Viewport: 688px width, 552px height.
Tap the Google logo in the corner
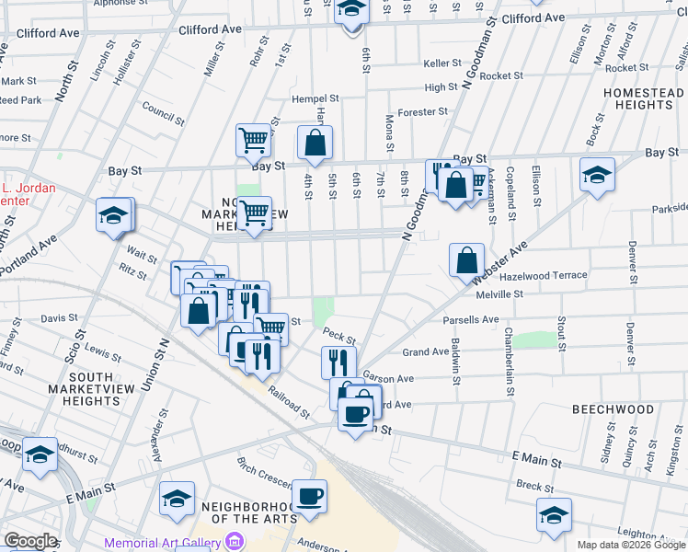point(30,542)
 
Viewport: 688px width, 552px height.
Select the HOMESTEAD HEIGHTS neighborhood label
point(644,98)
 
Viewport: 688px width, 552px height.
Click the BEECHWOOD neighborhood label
point(613,408)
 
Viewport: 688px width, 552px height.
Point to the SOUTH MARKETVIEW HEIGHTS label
point(91,389)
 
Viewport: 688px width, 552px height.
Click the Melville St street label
point(499,293)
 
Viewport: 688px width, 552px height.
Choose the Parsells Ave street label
point(470,320)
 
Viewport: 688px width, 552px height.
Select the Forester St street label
point(422,111)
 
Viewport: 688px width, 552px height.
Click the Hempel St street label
point(316,98)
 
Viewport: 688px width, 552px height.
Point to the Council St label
point(163,112)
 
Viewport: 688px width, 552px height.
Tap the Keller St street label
point(441,63)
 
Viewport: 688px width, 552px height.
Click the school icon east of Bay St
point(597,173)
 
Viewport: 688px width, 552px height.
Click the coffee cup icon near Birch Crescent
point(309,496)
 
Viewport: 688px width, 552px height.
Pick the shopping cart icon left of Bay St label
point(253,141)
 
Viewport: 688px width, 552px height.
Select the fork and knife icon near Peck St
point(338,361)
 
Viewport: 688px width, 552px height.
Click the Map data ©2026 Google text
point(630,545)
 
